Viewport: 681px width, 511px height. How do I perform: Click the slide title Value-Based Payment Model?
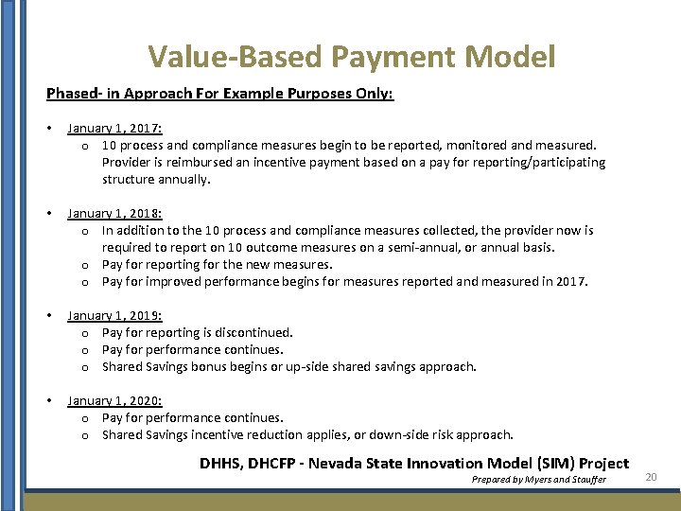click(351, 57)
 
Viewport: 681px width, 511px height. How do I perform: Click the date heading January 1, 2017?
click(114, 129)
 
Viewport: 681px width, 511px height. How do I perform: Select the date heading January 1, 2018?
click(114, 214)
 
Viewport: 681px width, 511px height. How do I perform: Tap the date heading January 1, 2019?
click(114, 316)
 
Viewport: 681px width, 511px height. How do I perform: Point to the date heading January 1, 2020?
click(114, 401)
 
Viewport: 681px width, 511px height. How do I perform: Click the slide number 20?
click(651, 478)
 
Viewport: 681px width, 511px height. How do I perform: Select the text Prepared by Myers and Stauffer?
click(539, 480)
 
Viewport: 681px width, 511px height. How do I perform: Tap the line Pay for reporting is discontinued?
click(198, 333)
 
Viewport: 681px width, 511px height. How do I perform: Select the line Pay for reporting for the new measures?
click(218, 265)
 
